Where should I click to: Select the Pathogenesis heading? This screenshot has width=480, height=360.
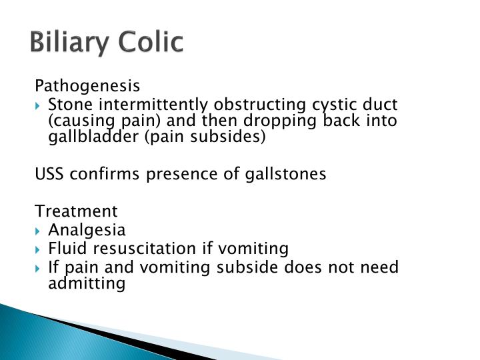tap(87, 86)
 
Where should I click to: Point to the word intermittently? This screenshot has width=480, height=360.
tap(148, 105)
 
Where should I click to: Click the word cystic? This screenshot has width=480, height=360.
tap(335, 105)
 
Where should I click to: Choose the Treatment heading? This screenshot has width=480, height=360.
tap(76, 211)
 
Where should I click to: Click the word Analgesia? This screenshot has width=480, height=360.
tap(87, 230)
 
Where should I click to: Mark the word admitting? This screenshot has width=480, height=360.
tap(87, 283)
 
